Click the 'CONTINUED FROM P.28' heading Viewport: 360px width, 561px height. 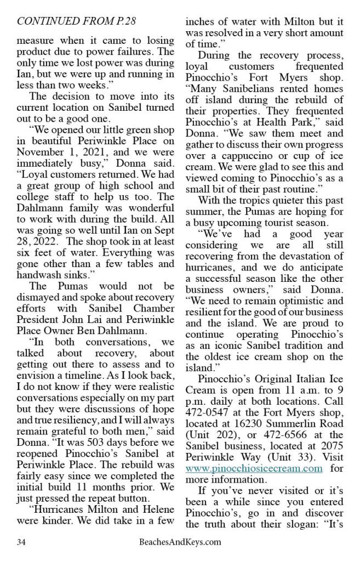coord(77,21)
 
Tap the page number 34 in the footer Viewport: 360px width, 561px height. coord(22,542)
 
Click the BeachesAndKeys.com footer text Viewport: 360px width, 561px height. coord(180,542)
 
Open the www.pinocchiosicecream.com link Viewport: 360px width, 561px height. coord(253,468)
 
